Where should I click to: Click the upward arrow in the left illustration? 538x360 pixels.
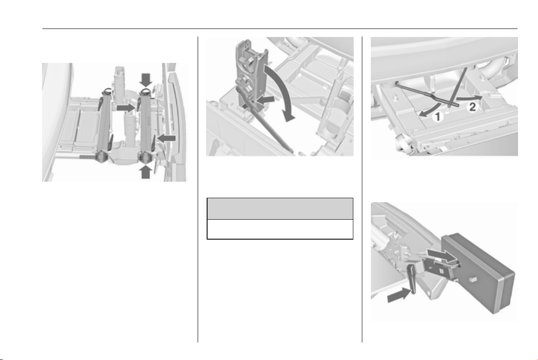(x=146, y=172)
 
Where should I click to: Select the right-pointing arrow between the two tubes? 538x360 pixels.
(x=126, y=108)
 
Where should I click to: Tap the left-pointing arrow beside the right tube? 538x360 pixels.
(x=166, y=138)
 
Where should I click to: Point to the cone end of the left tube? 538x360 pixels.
(x=102, y=157)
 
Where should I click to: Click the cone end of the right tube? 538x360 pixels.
(x=146, y=157)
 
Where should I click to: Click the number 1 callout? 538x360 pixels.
(x=437, y=117)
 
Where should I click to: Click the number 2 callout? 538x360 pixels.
(x=473, y=107)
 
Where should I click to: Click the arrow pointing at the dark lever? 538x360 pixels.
(x=399, y=295)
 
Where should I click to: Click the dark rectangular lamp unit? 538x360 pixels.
(x=479, y=273)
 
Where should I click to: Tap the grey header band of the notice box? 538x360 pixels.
(x=280, y=209)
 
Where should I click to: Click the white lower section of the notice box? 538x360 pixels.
(x=280, y=229)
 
